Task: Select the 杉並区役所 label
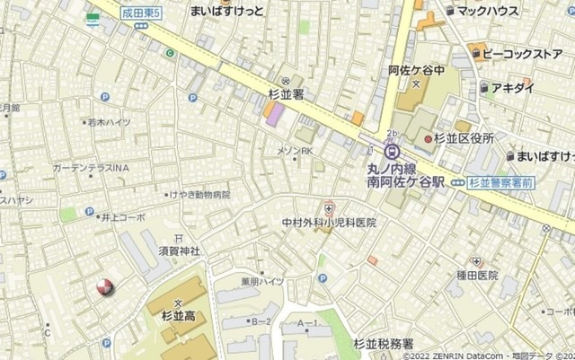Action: (464, 137)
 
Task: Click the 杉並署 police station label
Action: (287, 93)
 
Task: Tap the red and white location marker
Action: (105, 287)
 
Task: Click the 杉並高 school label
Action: (178, 317)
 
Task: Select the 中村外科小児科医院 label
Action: (329, 222)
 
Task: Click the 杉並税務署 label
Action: (384, 344)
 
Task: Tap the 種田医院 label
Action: (476, 276)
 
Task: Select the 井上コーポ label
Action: (122, 217)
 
